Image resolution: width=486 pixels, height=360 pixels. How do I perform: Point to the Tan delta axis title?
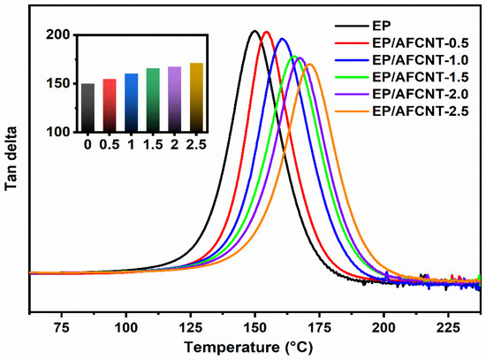tap(12, 165)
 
